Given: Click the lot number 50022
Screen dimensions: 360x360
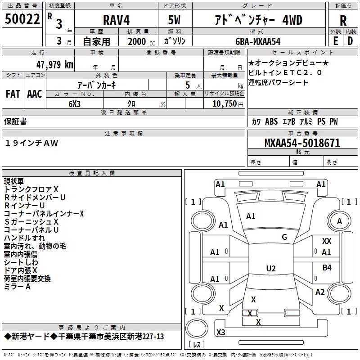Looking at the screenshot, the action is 22,19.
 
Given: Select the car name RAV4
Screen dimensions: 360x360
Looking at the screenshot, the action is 116,20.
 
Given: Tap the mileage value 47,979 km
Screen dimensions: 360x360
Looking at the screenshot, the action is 54,64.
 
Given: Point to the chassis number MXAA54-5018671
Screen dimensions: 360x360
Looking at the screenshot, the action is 302,143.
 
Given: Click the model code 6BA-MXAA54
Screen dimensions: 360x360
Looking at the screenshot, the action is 258,41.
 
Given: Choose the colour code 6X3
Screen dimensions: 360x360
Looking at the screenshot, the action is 74,104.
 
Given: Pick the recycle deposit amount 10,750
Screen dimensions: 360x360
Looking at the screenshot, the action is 224,103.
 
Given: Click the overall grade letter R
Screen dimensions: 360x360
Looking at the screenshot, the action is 343,21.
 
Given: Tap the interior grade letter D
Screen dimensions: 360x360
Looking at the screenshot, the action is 350,41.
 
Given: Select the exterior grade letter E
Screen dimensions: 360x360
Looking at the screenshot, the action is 336,41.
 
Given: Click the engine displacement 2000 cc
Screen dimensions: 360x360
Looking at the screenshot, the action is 141,41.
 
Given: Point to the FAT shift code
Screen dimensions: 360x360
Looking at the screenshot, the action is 13,94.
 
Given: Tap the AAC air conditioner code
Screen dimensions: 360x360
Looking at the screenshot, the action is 35,94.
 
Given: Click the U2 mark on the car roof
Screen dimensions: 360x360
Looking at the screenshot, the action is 271,268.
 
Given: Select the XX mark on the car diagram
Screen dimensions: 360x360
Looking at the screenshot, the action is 327,241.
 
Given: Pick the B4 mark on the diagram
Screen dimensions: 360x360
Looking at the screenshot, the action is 327,267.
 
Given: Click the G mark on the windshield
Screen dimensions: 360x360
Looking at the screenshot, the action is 284,237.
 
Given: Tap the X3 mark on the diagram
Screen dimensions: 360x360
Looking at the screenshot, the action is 221,332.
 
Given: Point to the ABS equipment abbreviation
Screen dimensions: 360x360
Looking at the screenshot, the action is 271,121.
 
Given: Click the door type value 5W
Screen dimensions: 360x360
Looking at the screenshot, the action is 174,20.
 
